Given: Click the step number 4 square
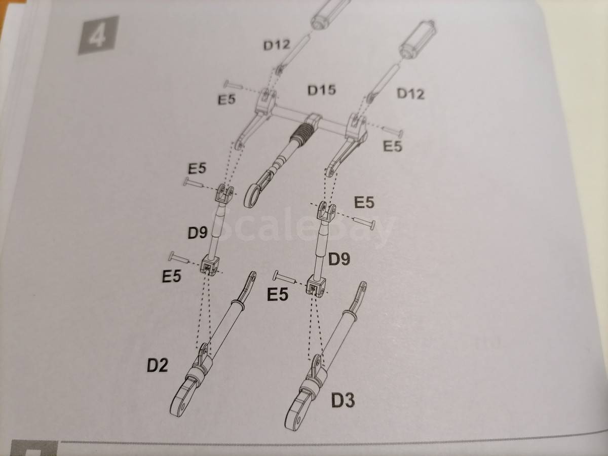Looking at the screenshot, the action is point(99,35).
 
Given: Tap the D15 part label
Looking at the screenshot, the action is point(322,90).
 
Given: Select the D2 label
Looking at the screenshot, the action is point(158,365).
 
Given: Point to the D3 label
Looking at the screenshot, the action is point(343,400).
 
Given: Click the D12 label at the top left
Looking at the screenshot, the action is point(277,45).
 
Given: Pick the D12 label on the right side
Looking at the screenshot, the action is point(410,94).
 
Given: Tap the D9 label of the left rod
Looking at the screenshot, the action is point(198,233).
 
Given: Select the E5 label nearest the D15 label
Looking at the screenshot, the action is point(226,100).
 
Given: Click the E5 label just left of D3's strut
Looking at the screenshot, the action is point(277,294).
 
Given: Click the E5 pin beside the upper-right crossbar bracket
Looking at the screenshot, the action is point(392,132).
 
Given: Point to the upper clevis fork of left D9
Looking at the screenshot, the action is point(224,193).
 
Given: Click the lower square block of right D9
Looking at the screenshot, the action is point(316,286).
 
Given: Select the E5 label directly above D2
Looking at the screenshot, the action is point(171,276).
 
